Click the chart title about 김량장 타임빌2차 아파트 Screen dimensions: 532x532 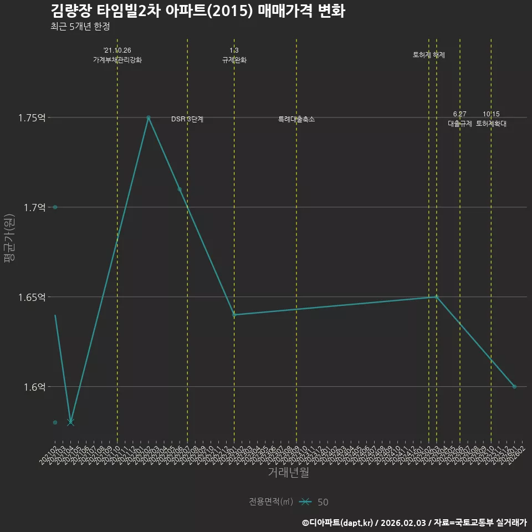[198, 11]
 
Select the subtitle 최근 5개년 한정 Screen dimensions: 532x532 [80, 27]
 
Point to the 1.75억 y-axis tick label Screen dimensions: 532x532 [32, 117]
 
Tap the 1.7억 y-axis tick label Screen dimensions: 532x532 [34, 207]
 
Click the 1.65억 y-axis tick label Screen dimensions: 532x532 [32, 297]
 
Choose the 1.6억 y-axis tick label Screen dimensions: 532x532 [34, 387]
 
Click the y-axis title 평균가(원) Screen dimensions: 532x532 [9, 238]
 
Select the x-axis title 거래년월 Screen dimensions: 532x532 [288, 473]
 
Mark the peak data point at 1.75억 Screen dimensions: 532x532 [149, 117]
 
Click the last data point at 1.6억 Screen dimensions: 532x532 [514, 387]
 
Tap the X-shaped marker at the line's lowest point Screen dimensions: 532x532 [70, 422]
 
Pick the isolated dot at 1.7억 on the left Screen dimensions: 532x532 [55, 207]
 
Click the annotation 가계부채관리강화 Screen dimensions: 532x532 [117, 60]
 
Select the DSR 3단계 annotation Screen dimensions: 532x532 [187, 119]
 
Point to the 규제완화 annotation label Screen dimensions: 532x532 [234, 60]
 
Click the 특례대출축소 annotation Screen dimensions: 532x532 [296, 119]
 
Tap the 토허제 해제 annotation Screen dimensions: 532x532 [429, 55]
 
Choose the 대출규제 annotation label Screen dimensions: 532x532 [460, 124]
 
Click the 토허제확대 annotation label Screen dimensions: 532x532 [491, 124]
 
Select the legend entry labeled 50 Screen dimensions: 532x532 [323, 502]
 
